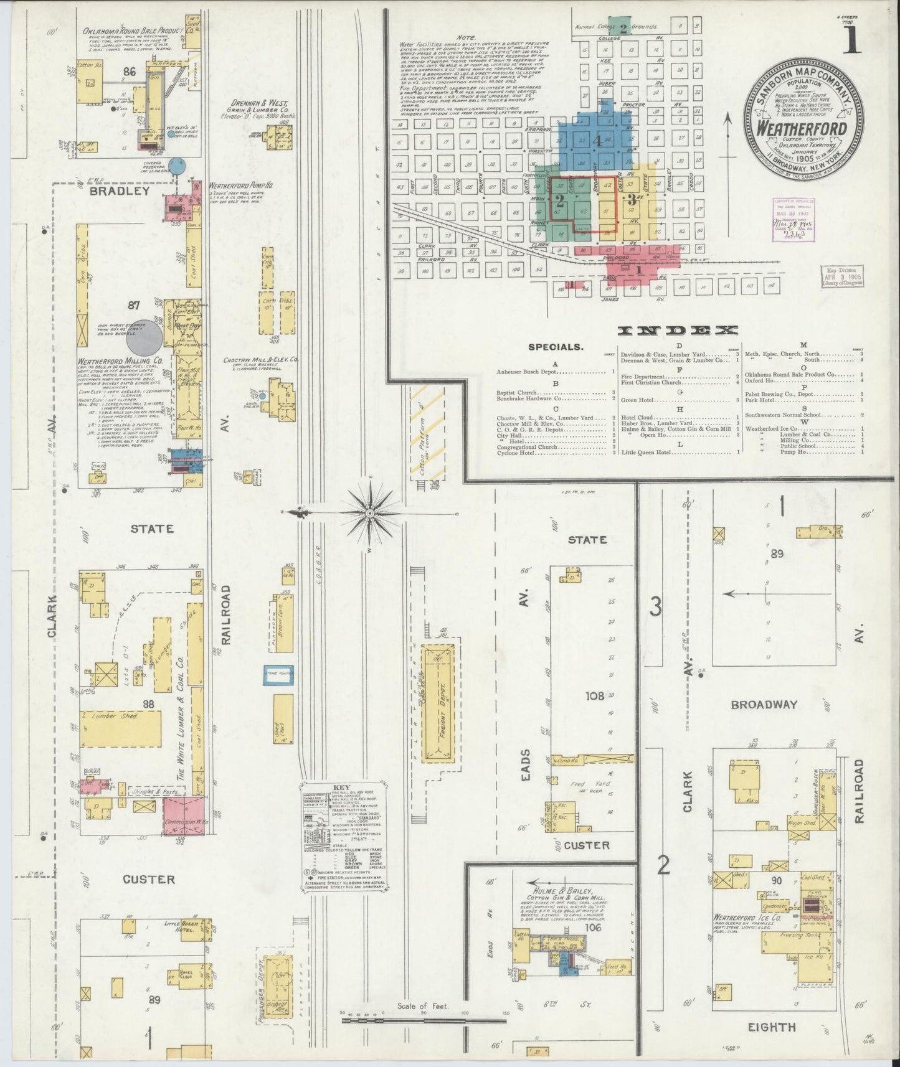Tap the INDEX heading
coord(678,331)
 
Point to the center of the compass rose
coord(369,513)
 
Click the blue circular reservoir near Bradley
coord(179,167)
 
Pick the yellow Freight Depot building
coord(438,703)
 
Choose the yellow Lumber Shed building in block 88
coord(120,729)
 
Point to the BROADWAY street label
coord(764,704)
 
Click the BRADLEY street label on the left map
coord(120,191)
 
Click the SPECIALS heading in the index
coord(556,347)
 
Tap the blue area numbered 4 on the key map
coord(596,141)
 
